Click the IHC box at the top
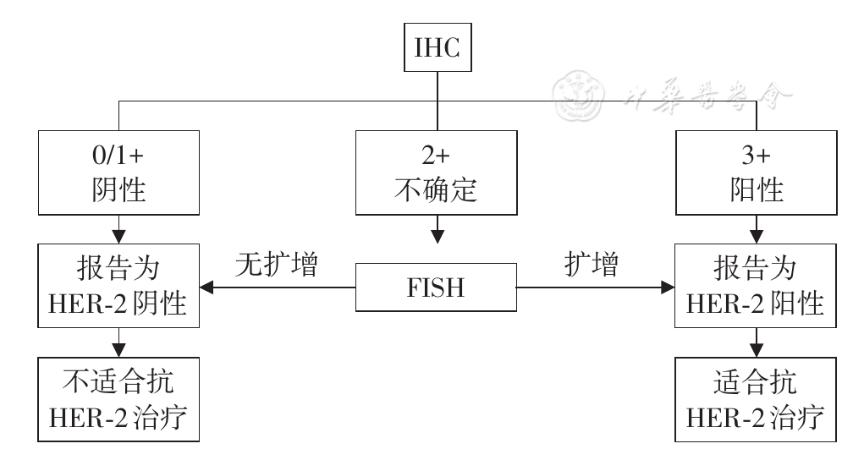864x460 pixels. [x=436, y=47]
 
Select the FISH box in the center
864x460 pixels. [x=435, y=288]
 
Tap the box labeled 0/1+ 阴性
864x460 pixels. [x=118, y=172]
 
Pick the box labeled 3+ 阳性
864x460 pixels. [x=757, y=172]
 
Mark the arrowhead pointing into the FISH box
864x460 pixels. [x=436, y=235]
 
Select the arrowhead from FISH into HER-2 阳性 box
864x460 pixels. [x=666, y=288]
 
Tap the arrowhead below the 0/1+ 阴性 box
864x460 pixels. [x=118, y=236]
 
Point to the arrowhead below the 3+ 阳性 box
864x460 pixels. [x=757, y=236]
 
